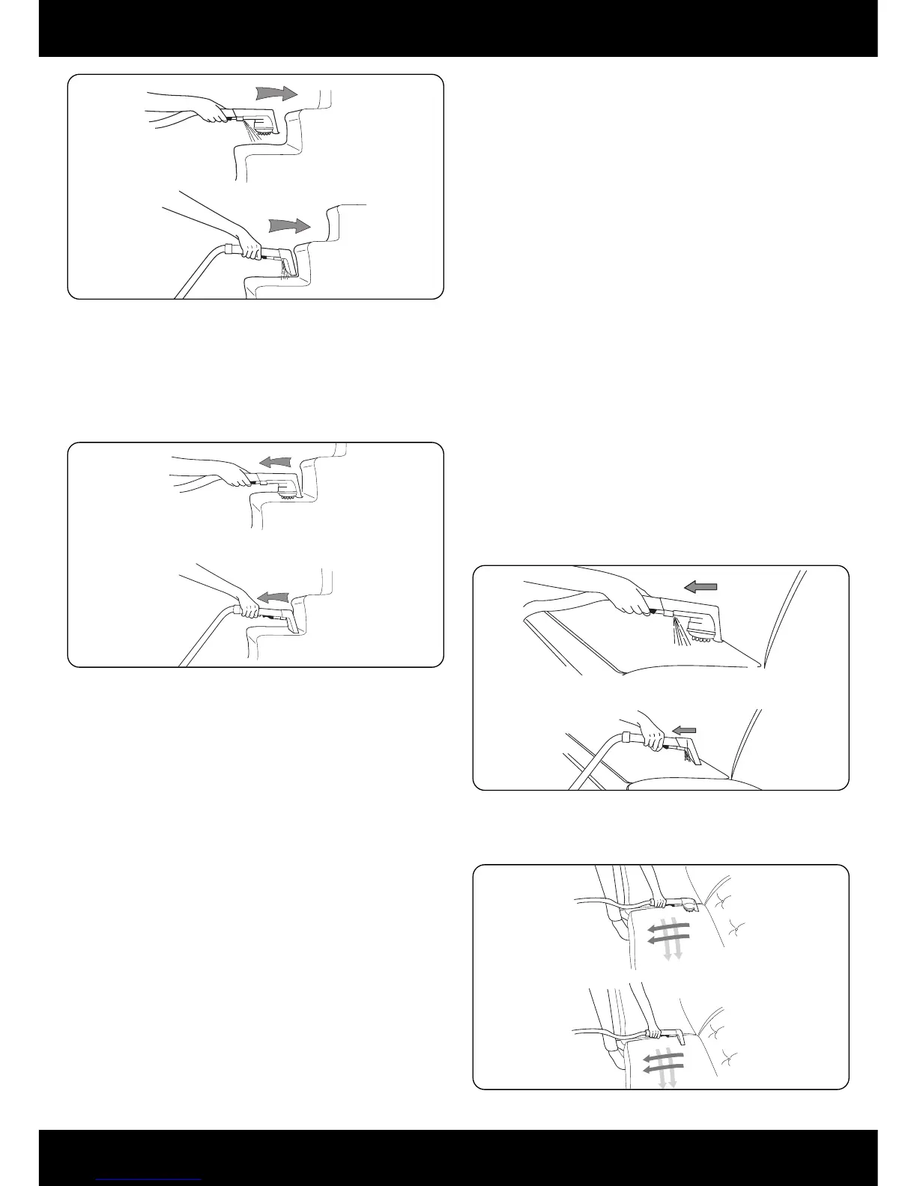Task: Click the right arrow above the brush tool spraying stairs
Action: pos(276,94)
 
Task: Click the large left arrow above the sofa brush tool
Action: pos(700,588)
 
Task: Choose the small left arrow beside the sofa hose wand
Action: pos(684,730)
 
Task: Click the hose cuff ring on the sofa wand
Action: pos(626,738)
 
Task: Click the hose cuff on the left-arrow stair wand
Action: pos(239,610)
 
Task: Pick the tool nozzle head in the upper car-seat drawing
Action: pos(689,905)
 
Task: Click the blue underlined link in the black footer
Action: pos(149,1179)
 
